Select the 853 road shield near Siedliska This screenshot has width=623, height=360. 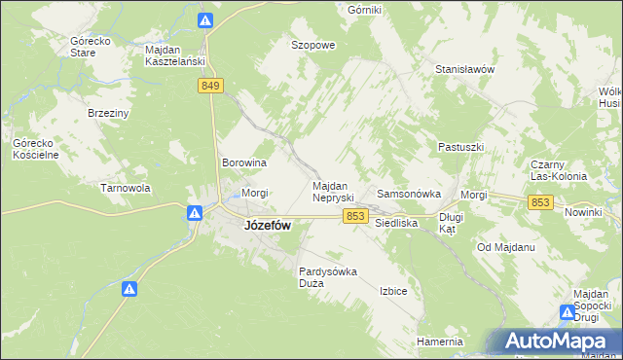click(x=355, y=217)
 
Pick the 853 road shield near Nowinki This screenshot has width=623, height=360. click(x=542, y=201)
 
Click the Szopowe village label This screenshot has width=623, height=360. click(x=313, y=45)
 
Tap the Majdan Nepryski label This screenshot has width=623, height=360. click(x=338, y=192)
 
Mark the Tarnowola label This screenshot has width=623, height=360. click(x=124, y=188)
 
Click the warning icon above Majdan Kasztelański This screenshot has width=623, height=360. click(x=204, y=20)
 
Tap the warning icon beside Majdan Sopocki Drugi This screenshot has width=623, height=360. click(x=568, y=312)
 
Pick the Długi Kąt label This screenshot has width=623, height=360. click(x=449, y=224)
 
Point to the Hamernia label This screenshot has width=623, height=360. click(x=439, y=342)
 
